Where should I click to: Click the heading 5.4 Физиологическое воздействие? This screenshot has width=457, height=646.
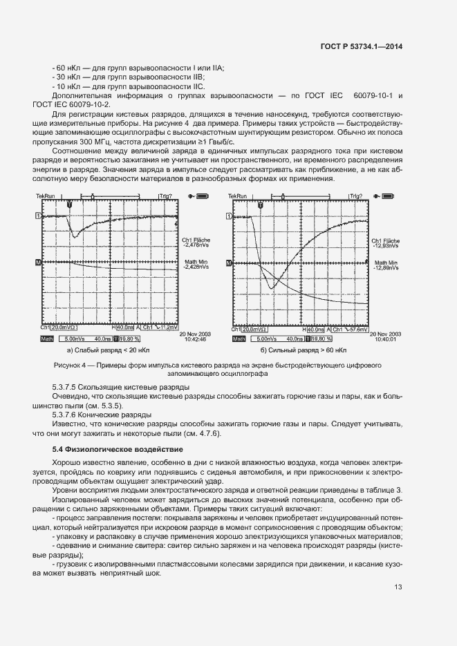(118, 450)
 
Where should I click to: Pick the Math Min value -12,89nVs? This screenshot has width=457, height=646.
(386, 268)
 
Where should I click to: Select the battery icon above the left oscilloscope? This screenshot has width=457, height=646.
(202, 196)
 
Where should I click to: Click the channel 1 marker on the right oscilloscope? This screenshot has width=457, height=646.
(229, 216)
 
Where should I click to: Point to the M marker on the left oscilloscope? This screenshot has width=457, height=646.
(38, 263)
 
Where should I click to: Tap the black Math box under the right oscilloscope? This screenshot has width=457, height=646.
(239, 339)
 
